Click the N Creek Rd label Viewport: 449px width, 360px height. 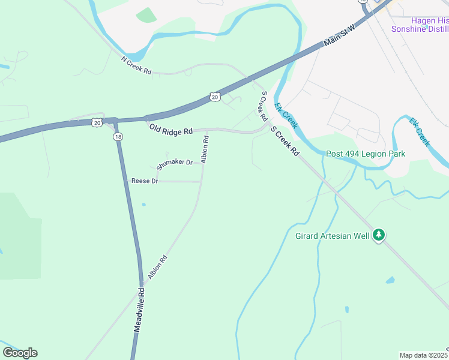point(136,65)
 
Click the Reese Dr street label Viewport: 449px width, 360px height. point(145,181)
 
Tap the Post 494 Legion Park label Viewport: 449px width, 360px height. point(366,154)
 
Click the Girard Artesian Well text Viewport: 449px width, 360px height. point(332,236)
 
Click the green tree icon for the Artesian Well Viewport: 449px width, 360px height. point(378,235)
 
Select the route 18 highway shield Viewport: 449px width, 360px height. point(118,137)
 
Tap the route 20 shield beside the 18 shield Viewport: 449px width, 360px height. point(97,122)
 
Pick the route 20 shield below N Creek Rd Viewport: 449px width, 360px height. point(215,96)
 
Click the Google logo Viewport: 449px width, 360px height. point(20,353)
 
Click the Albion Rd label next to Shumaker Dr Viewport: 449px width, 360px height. point(205,149)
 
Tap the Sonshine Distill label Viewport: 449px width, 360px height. point(420,29)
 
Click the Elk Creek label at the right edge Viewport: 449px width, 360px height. point(420,131)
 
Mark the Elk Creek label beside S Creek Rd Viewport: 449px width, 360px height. point(286,115)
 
